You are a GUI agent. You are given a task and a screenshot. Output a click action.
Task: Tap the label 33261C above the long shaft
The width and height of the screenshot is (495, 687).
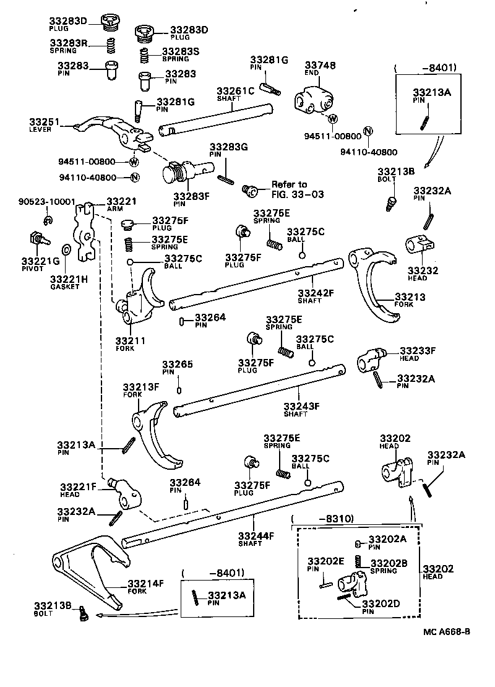click(x=235, y=91)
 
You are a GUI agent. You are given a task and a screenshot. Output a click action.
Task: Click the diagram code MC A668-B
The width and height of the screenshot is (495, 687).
click(x=447, y=631)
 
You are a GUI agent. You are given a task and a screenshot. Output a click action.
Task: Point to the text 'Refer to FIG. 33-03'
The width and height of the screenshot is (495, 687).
click(x=289, y=189)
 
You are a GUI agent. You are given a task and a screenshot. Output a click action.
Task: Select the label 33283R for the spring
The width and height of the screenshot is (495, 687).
click(x=67, y=43)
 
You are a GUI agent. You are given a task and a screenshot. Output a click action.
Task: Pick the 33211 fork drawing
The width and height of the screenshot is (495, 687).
click(x=139, y=297)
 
